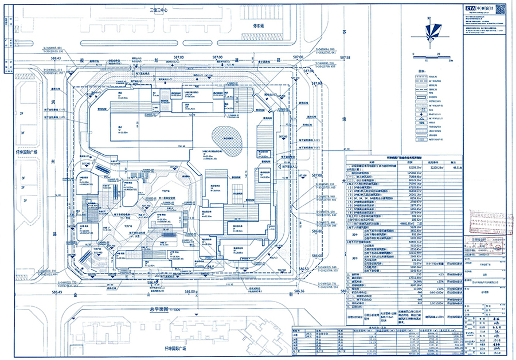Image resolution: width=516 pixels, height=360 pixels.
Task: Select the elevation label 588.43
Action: coord(56,58)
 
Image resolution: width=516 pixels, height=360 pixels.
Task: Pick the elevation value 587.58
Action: coord(345,58)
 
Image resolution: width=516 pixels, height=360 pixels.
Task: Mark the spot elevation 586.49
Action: coord(56,293)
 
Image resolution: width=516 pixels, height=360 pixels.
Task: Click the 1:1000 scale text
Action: coord(175,310)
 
